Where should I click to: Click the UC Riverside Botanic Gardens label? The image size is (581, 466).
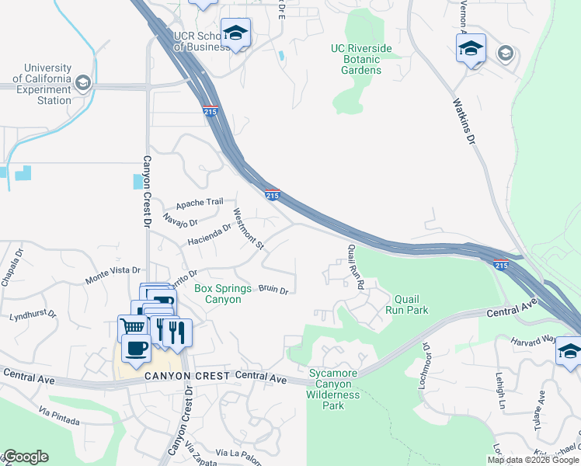pyautogui.click(x=361, y=59)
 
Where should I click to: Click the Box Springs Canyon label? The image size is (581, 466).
pyautogui.click(x=223, y=294)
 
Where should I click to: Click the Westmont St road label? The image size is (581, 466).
pyautogui.click(x=249, y=229)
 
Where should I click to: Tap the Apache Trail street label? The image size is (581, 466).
pyautogui.click(x=200, y=203)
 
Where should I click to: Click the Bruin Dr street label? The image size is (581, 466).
pyautogui.click(x=273, y=290)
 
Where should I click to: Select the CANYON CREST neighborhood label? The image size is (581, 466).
pyautogui.click(x=187, y=376)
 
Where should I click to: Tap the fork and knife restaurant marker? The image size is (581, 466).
pyautogui.click(x=176, y=332)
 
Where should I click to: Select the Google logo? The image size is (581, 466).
pyautogui.click(x=26, y=457)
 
